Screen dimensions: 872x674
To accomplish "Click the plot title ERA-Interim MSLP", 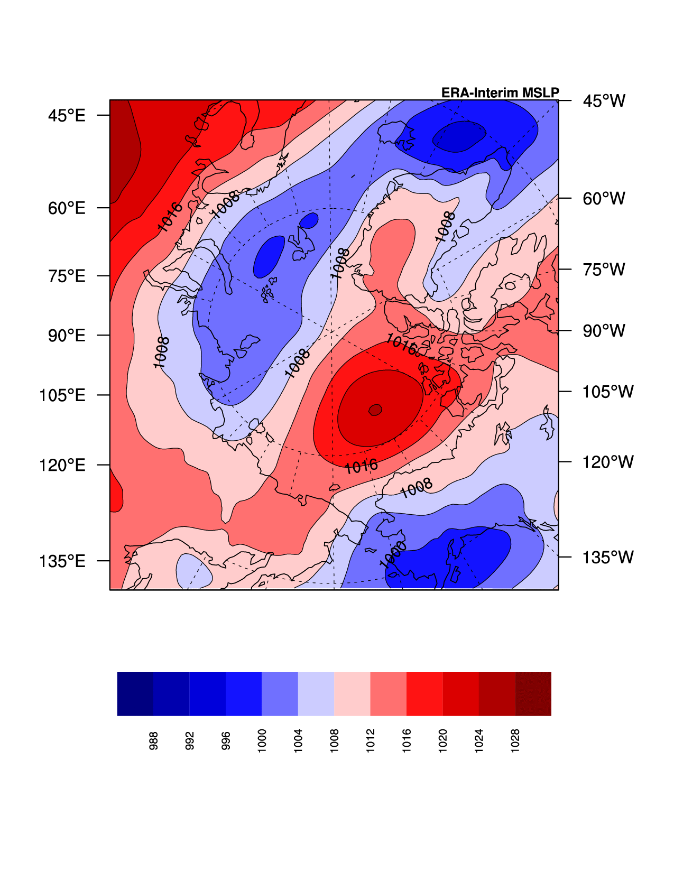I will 500,93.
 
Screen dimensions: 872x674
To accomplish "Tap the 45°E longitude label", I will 67,115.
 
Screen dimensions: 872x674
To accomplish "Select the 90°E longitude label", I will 67,336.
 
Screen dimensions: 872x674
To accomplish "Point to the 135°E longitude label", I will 62,561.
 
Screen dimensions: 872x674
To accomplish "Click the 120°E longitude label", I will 62,465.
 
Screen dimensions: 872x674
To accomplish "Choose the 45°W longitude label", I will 604,100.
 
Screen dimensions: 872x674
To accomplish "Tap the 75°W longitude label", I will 604,270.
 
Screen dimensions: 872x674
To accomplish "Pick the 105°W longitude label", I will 607,392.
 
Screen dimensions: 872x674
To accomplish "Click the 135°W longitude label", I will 607,557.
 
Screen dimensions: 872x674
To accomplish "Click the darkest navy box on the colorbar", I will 135,694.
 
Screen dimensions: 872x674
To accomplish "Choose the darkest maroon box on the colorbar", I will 533,694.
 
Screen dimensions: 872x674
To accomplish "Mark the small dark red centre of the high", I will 375,410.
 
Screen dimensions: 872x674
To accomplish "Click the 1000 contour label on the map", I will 393,555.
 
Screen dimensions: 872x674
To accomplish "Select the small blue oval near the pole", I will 309,220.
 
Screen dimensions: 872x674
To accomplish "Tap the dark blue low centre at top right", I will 458,136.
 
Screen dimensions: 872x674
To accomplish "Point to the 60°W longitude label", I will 604,199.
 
